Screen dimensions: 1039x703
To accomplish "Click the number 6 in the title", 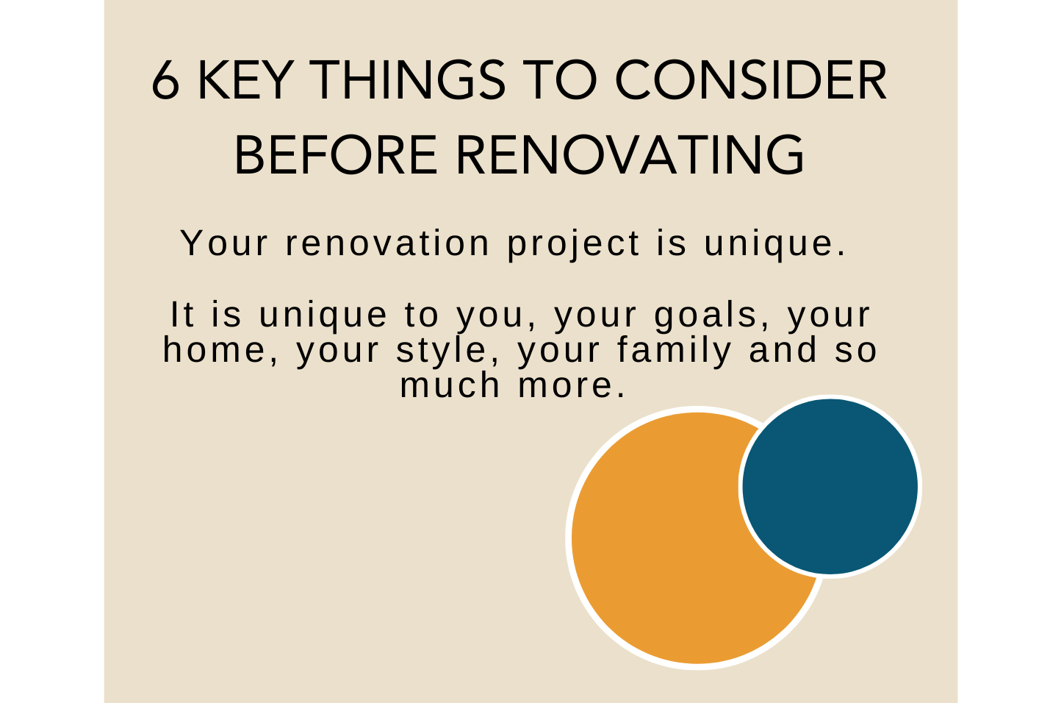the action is (165, 80).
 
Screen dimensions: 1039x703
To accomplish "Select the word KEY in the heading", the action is (246, 80).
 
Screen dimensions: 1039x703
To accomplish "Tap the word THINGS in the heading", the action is (407, 80).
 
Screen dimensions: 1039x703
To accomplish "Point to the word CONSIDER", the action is (751, 80).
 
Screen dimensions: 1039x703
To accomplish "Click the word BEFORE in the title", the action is (336, 154).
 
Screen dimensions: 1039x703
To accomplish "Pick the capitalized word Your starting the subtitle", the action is (225, 243).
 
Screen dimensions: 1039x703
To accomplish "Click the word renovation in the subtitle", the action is (387, 243).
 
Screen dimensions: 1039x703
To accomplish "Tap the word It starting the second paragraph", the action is (182, 315).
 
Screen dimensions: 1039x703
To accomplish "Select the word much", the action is (450, 385).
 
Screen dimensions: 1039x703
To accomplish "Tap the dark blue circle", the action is (830, 487).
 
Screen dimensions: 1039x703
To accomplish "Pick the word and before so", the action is (783, 351).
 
